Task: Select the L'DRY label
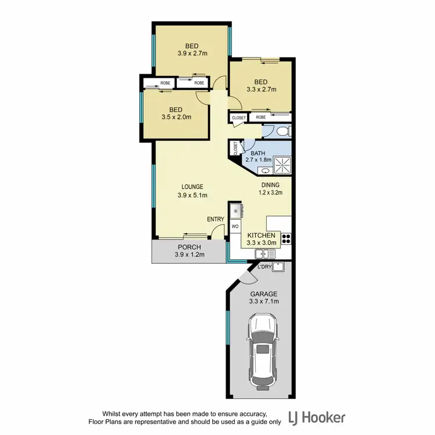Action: click(264, 266)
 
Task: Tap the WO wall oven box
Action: click(235, 226)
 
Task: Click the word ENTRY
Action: click(215, 219)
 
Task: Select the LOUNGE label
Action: click(192, 187)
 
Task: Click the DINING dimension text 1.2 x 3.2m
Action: click(270, 193)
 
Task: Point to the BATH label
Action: click(258, 153)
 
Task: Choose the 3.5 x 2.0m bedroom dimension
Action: click(176, 117)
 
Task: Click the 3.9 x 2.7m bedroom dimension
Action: click(192, 53)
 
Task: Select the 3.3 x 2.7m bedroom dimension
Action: click(260, 90)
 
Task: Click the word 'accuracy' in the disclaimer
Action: click(250, 414)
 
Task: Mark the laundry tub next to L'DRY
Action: click(278, 267)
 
